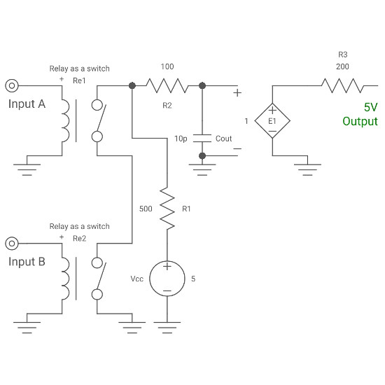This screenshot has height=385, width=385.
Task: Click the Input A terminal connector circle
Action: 11,86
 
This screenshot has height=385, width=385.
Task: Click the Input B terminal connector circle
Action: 11,244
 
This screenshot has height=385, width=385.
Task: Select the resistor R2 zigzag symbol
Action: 167,86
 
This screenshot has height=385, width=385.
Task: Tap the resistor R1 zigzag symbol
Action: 167,208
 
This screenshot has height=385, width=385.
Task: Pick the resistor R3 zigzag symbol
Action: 342,86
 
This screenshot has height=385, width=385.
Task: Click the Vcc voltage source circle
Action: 167,278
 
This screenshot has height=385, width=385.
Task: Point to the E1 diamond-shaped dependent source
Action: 272,120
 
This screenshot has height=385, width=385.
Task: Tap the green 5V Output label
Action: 360,114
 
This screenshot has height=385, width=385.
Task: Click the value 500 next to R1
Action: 146,209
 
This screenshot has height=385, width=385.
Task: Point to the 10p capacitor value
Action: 181,139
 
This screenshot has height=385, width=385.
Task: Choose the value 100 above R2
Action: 167,66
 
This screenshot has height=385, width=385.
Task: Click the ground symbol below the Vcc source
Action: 167,323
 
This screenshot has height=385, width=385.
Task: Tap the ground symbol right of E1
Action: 304,167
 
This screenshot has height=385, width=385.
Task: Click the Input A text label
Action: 27,104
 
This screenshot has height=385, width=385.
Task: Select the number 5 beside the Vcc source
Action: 193,278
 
